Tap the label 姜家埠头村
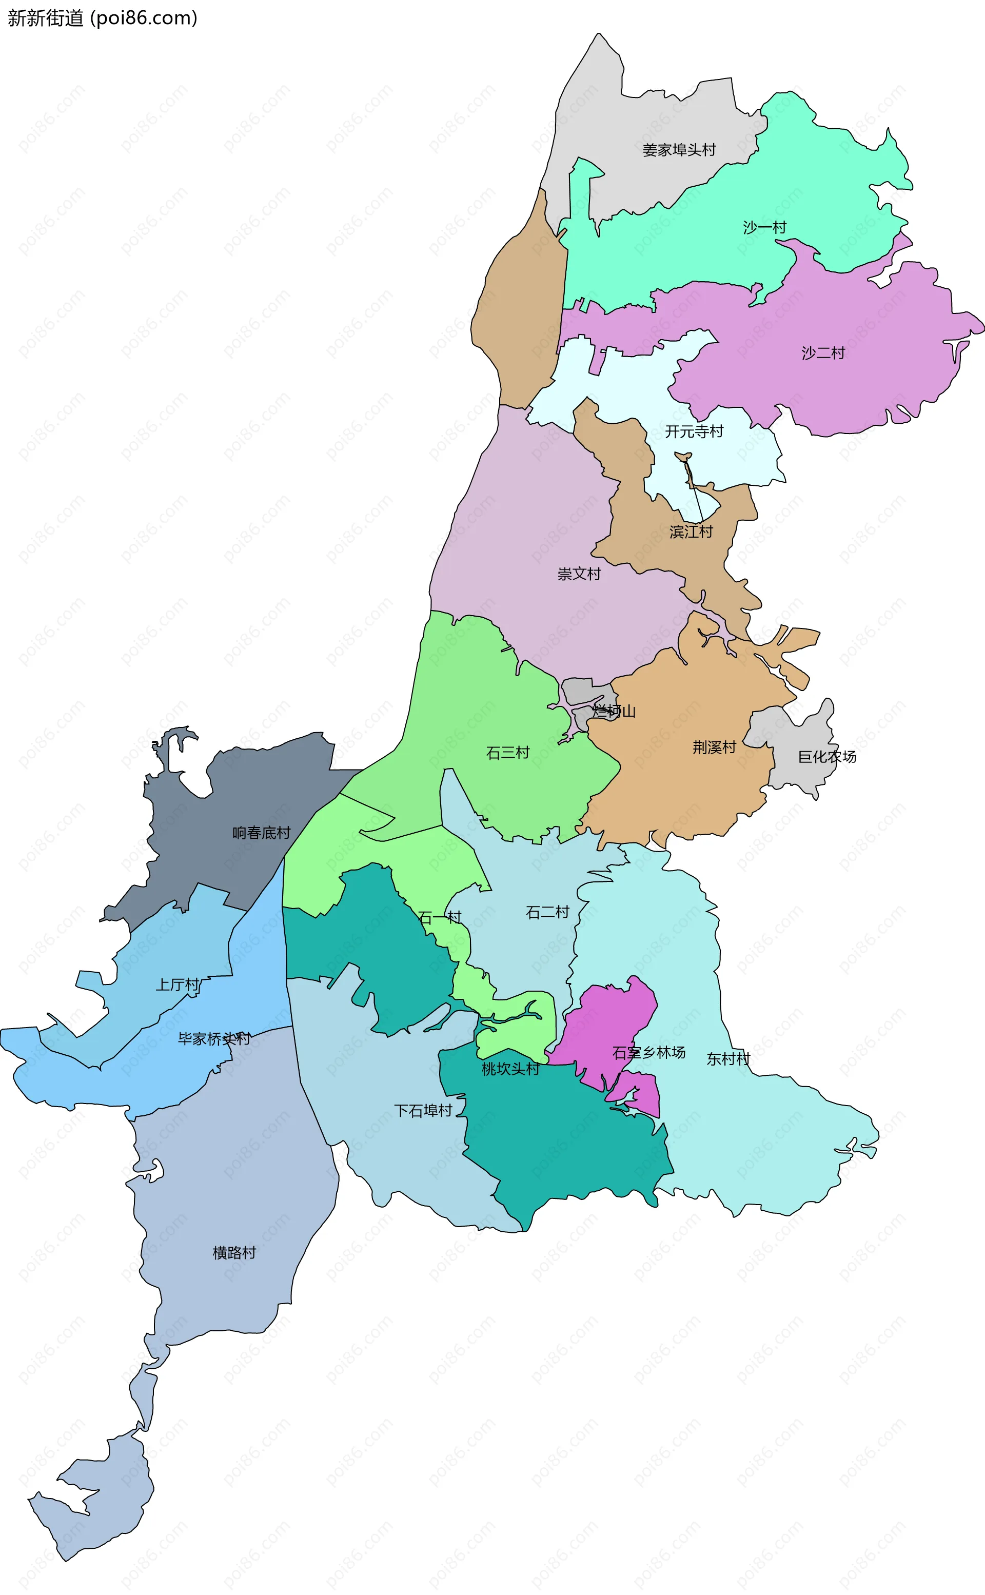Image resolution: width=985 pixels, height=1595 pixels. coord(679,150)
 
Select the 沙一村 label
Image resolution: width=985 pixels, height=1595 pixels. coord(765,227)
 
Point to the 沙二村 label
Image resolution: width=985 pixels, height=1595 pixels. coord(823,353)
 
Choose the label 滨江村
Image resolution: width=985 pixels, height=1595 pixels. coord(691,532)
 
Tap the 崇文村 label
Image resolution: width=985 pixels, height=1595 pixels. coord(579,574)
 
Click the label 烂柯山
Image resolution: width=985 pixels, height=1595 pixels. coord(614,711)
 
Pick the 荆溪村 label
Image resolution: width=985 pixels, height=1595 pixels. coord(714,747)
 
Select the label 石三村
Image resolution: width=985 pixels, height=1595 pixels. coord(508,753)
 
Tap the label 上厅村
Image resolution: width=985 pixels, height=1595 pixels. coord(177,984)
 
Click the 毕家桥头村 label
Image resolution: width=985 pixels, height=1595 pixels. coord(214,1039)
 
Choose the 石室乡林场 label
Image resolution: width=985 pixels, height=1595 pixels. coord(649,1053)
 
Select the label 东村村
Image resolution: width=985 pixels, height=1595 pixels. coord(728,1059)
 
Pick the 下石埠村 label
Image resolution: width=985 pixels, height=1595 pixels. coord(423,1110)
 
